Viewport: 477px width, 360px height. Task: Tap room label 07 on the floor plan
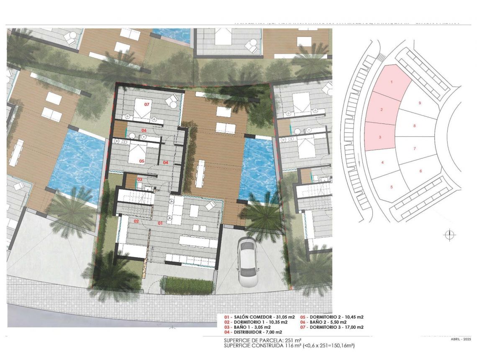147,104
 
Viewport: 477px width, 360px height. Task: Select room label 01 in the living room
159,224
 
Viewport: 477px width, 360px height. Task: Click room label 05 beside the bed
142,160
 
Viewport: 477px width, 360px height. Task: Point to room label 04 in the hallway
166,162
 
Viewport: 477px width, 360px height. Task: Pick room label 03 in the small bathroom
140,179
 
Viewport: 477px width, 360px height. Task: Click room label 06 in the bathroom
144,130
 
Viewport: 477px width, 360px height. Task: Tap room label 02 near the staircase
136,221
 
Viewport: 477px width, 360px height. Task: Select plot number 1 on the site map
392,82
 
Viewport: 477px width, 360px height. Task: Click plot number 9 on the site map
419,103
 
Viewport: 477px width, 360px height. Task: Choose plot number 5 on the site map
391,187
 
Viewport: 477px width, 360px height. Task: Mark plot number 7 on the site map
414,149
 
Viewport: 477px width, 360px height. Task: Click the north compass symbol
449,235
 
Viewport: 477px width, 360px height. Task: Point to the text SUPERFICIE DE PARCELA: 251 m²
263,340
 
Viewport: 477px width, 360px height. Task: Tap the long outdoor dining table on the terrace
200,174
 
